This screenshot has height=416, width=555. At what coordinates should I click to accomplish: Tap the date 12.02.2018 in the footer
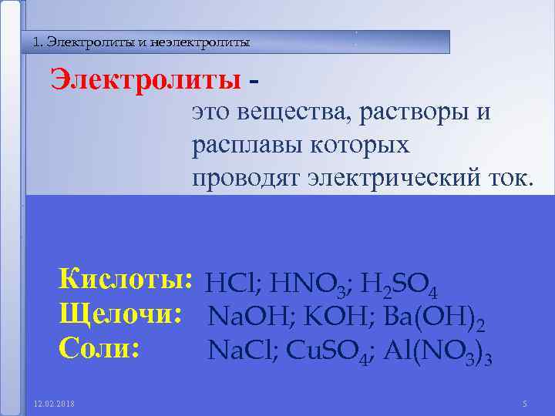click(x=50, y=404)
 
